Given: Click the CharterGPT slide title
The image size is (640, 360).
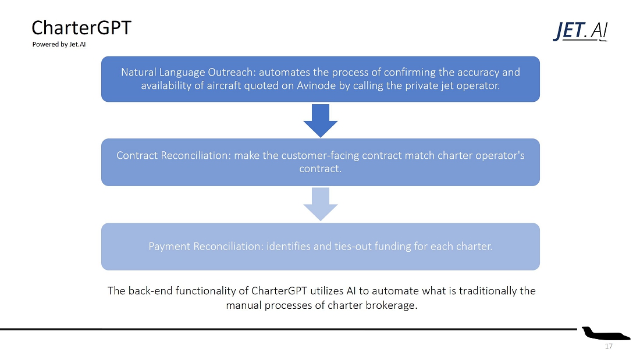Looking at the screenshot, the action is click(81, 28).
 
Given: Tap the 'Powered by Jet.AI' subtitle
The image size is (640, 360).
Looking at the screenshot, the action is click(59, 44).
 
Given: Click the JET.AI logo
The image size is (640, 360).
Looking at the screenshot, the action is click(581, 31).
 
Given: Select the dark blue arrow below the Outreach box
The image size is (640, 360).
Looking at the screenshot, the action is click(321, 120).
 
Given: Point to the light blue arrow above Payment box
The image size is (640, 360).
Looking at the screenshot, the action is click(321, 204).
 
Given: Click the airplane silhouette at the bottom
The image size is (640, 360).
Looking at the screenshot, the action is click(606, 333).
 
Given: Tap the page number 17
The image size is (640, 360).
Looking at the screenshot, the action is click(609, 346).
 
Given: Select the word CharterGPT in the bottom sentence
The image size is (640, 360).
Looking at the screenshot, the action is click(279, 291).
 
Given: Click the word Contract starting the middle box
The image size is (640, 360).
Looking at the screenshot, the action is click(137, 155).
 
